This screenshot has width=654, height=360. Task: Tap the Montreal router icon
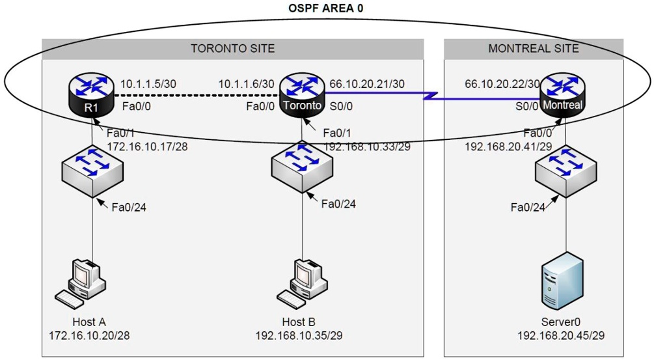(x=564, y=96)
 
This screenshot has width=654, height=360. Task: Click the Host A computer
(x=83, y=283)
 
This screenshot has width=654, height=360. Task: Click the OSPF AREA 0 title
(x=325, y=8)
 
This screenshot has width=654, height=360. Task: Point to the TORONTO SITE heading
(x=232, y=49)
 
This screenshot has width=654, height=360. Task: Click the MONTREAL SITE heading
(x=534, y=49)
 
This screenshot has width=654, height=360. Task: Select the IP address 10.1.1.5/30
(x=148, y=84)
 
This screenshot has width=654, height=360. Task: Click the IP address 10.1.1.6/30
(x=246, y=84)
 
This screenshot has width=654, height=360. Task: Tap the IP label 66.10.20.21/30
(x=367, y=84)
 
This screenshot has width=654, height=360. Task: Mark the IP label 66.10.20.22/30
(x=502, y=84)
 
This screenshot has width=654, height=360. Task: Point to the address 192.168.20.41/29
(x=508, y=147)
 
